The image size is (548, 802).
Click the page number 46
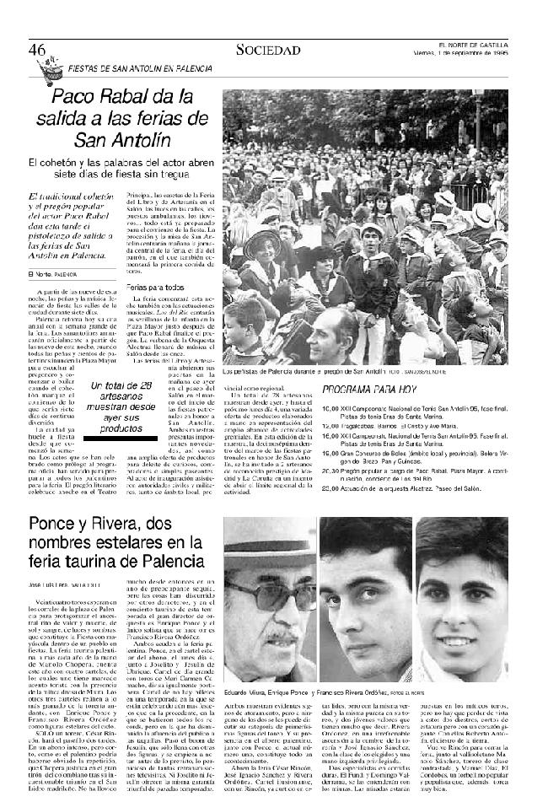coord(35,49)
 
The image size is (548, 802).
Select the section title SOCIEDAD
coord(268,50)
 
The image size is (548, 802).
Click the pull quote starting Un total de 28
coord(124,406)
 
